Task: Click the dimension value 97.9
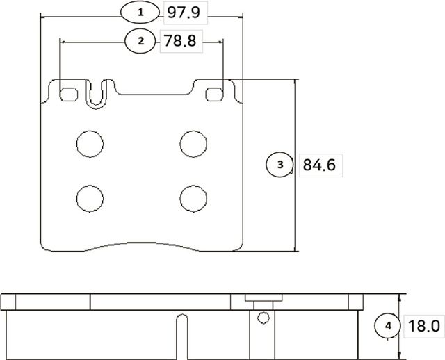(184, 12)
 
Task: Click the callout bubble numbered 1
(140, 12)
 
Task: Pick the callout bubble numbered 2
(141, 41)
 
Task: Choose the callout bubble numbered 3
(280, 165)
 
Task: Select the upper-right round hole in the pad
(193, 143)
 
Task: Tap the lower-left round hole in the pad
(89, 198)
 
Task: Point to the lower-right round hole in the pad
(193, 198)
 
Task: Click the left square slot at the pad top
(68, 94)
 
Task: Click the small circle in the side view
(262, 319)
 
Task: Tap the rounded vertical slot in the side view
(182, 336)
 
